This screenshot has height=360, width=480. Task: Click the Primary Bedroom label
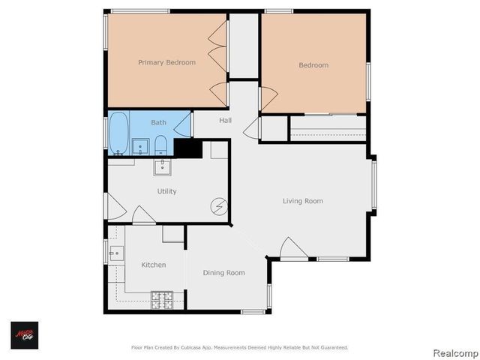coord(166,62)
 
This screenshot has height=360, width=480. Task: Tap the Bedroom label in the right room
coord(313,65)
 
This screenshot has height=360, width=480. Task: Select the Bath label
coord(159,122)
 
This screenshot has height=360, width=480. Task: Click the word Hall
coord(225,121)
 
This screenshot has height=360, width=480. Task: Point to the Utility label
coord(166,191)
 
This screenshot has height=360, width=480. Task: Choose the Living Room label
coord(303,200)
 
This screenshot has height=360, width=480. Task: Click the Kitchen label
coord(154,265)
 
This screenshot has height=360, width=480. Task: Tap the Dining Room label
coord(223,272)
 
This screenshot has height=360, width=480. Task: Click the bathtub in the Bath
coord(118,133)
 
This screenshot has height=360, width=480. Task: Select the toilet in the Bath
coord(160,145)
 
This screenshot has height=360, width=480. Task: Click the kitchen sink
coord(115,254)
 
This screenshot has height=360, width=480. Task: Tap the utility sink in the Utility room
coord(163,166)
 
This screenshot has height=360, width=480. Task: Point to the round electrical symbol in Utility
coord(219,205)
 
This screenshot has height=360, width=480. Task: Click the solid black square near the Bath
coord(187,148)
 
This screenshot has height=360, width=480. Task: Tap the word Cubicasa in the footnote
coord(197,347)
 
